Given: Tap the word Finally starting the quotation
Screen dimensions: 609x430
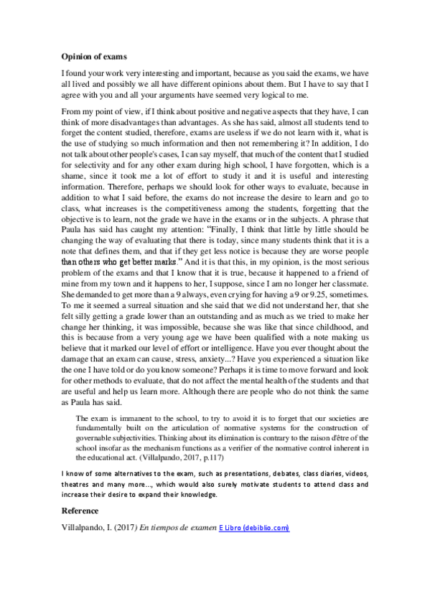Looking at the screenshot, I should point(229,246).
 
